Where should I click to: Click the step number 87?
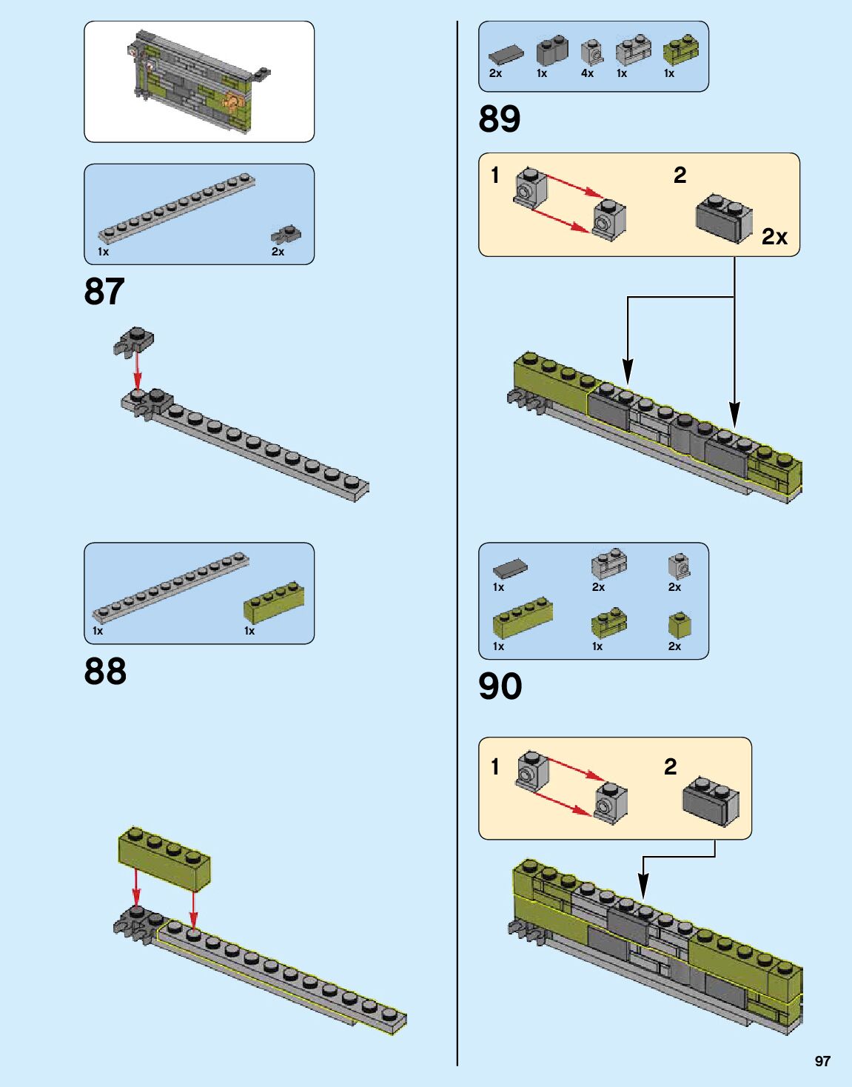coord(104,292)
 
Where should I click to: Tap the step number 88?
coord(105,672)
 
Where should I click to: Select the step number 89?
coord(500,119)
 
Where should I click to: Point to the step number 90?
coord(500,686)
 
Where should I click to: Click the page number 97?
coord(822,1061)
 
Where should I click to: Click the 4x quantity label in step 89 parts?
coord(587,73)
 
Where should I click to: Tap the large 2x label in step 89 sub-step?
coord(774,237)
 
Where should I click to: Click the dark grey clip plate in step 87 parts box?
coord(286,235)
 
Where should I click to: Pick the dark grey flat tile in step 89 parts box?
coord(506,54)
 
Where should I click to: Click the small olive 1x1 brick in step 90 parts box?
coord(680,626)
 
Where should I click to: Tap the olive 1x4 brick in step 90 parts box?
coord(523,620)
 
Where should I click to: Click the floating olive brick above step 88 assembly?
coord(164,858)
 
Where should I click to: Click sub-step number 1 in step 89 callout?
coord(495,175)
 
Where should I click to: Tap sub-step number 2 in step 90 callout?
coord(670,766)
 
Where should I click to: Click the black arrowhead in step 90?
coord(643,886)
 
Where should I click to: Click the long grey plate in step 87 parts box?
coord(178,208)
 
